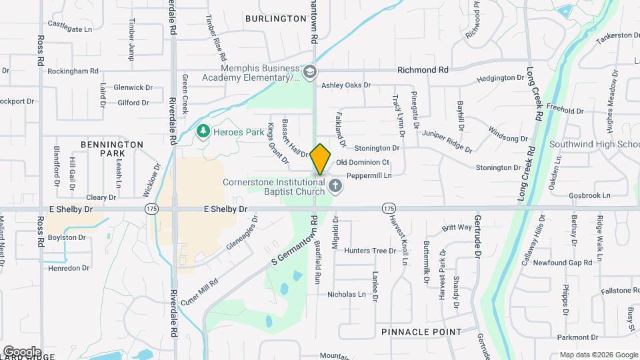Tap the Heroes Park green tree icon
tap(203, 132)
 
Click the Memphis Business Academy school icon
tap(309, 72)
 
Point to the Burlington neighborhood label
tap(275, 19)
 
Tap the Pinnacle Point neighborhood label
tap(421, 331)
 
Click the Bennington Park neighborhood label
tap(112, 149)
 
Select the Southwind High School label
tap(594, 144)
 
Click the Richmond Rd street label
tap(423, 69)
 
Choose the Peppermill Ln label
tap(368, 175)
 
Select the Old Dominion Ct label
tap(363, 162)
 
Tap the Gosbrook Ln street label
tap(589, 195)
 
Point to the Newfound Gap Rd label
tap(567, 263)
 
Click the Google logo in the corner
tap(21, 351)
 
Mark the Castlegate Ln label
tap(69, 29)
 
